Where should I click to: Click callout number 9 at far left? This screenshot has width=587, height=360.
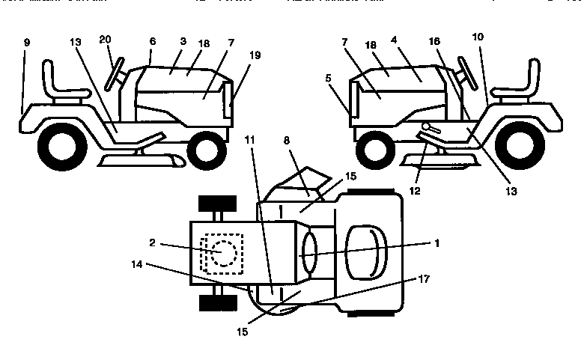click(27, 43)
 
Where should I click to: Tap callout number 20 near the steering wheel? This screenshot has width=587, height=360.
click(106, 40)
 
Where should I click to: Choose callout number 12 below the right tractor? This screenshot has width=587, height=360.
click(415, 191)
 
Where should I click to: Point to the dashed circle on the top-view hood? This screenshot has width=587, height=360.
click(221, 251)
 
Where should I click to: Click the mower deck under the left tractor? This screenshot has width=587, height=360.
click(142, 159)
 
